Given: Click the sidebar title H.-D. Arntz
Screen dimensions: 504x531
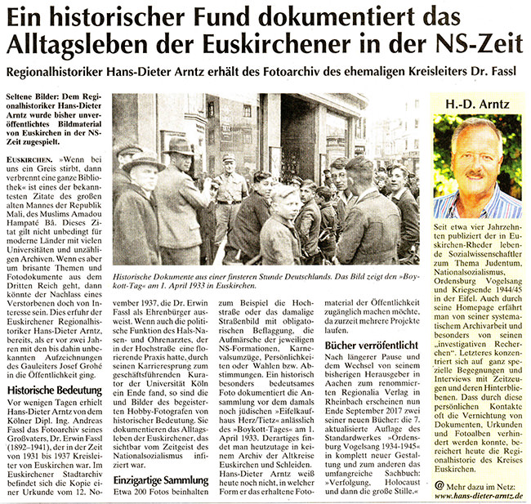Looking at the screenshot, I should click(x=476, y=105).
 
